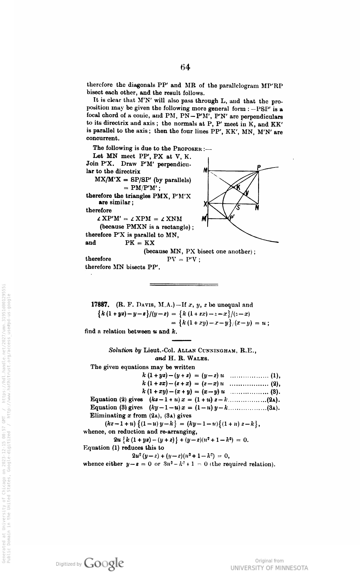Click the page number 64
[x=185, y=68]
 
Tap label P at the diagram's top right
[x=259, y=167]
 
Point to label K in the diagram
[x=238, y=188]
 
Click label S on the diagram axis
[x=238, y=208]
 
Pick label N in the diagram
[x=257, y=208]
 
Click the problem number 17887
[x=100, y=305]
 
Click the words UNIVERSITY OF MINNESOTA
[x=269, y=568]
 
